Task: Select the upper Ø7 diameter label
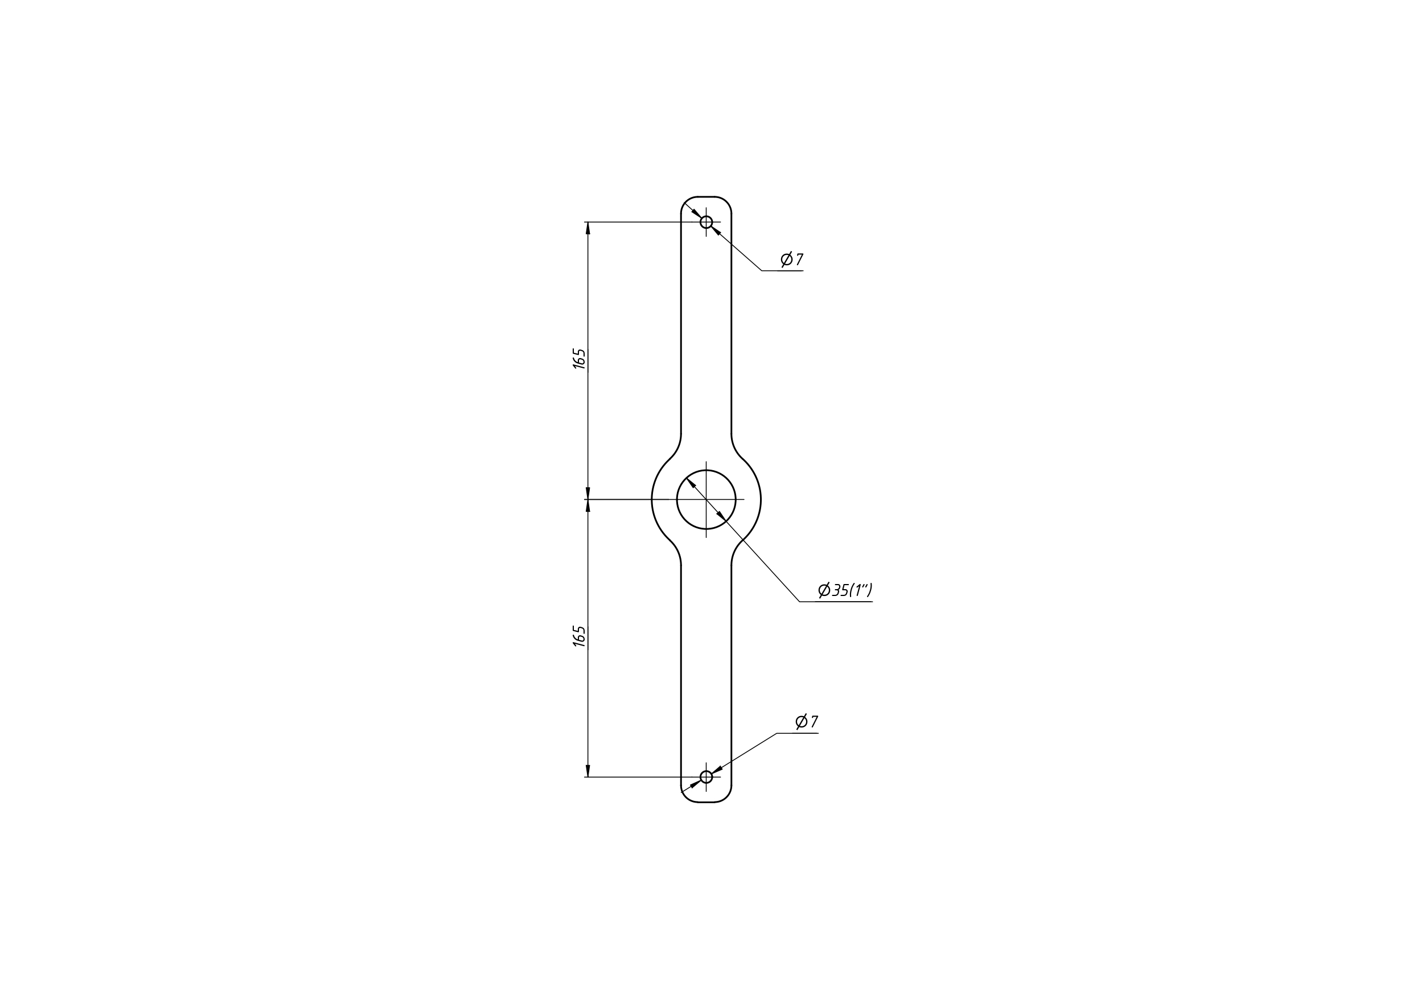point(791,259)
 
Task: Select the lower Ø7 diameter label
point(806,721)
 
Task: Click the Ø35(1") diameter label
point(845,590)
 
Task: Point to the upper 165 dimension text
point(579,359)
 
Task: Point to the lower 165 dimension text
point(579,636)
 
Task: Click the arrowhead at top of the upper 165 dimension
point(588,228)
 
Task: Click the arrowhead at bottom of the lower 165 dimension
point(588,771)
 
